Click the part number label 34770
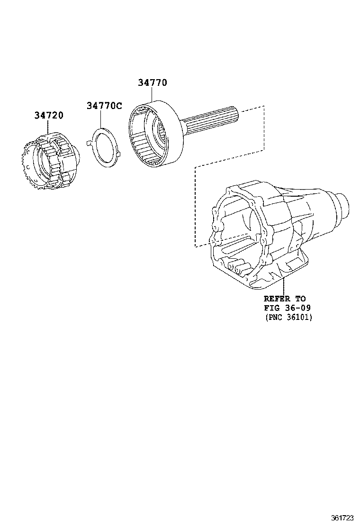(x=153, y=82)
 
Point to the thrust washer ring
(x=105, y=147)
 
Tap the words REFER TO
(x=284, y=299)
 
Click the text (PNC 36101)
(x=288, y=317)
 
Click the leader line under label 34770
(x=153, y=95)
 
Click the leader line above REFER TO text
(x=283, y=286)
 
